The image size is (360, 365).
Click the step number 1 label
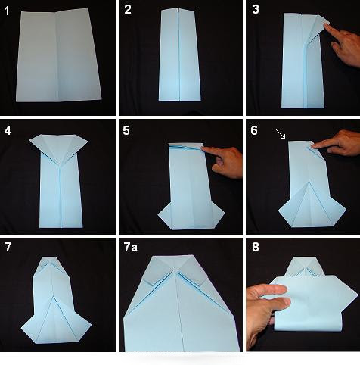point(7,11)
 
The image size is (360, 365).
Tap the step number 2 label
point(128,10)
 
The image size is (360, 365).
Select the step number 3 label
point(256,9)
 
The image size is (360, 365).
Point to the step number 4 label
point(8,130)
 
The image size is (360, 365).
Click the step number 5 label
point(126,130)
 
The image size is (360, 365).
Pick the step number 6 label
point(254,130)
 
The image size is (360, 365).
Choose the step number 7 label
point(8,247)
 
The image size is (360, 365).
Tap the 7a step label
point(131,248)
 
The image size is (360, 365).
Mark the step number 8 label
point(256,247)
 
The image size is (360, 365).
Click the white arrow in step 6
point(280,133)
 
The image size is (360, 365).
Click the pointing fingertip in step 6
point(315,145)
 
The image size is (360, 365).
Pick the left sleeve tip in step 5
point(159,215)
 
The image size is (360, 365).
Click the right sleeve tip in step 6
point(346,209)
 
